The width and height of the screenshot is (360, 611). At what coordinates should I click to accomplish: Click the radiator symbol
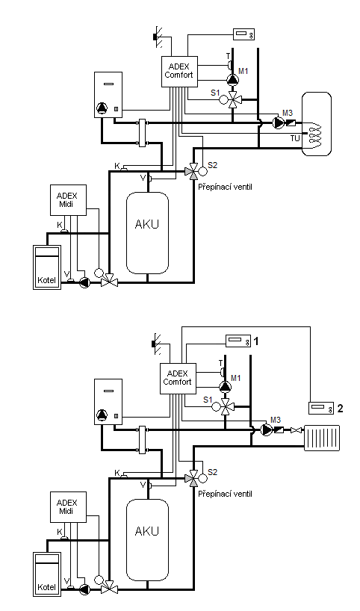pyautogui.click(x=321, y=438)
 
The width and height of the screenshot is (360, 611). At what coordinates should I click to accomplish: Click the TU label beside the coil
pyautogui.click(x=295, y=138)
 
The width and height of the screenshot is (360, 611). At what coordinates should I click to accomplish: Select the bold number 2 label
pyautogui.click(x=340, y=409)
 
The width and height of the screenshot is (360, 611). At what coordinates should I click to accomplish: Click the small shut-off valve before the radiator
pyautogui.click(x=297, y=430)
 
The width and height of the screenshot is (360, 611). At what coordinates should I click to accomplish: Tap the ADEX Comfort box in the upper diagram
pyautogui.click(x=179, y=71)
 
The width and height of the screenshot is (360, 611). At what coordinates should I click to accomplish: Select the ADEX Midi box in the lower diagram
pyautogui.click(x=68, y=506)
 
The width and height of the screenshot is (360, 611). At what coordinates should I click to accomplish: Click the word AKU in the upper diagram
pyautogui.click(x=147, y=224)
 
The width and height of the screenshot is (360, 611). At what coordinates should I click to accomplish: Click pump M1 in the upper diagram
pyautogui.click(x=232, y=80)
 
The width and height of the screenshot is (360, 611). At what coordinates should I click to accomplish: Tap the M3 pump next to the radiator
pyautogui.click(x=267, y=429)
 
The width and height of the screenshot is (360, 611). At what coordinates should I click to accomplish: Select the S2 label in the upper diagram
pyautogui.click(x=212, y=165)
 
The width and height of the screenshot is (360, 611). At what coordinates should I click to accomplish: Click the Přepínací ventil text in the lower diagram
pyautogui.click(x=226, y=494)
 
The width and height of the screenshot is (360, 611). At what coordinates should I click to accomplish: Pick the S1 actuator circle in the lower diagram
pyautogui.click(x=215, y=407)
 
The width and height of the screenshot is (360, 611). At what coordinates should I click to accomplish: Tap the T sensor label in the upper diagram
pyautogui.click(x=229, y=57)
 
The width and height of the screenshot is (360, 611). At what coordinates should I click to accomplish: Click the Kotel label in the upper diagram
pyautogui.click(x=47, y=280)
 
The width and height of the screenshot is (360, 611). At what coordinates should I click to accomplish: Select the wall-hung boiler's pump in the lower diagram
pyautogui.click(x=102, y=415)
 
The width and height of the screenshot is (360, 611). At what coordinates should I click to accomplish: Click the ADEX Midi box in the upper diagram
pyautogui.click(x=68, y=200)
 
